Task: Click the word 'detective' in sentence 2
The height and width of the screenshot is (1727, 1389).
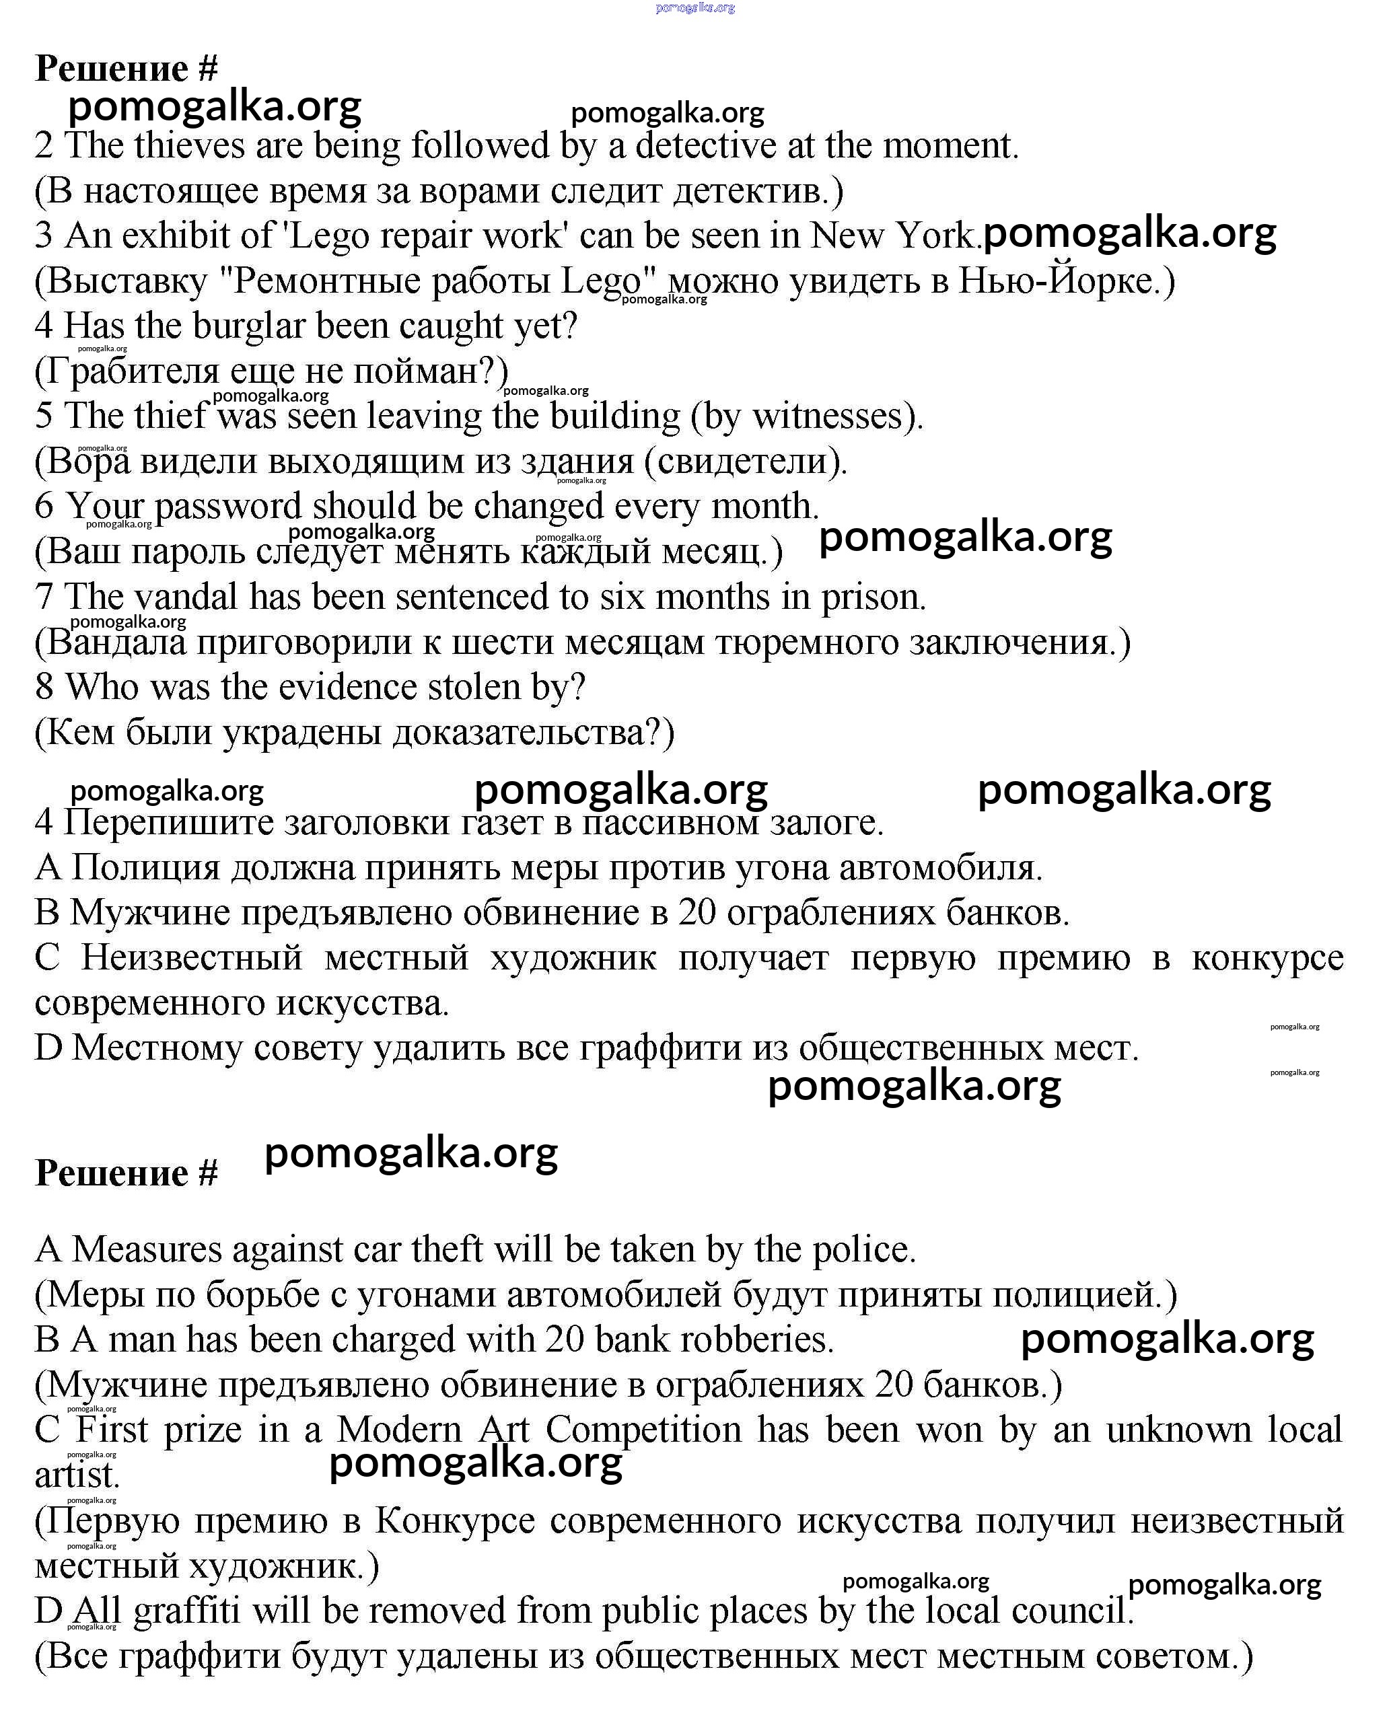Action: [x=706, y=146]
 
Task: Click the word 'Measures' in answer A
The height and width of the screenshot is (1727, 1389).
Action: [x=146, y=1249]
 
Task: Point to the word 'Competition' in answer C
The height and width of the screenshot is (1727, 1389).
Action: [x=643, y=1430]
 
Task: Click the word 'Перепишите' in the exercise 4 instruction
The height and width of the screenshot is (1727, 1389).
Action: [x=168, y=823]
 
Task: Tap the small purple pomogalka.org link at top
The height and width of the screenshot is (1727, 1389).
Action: [x=694, y=8]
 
